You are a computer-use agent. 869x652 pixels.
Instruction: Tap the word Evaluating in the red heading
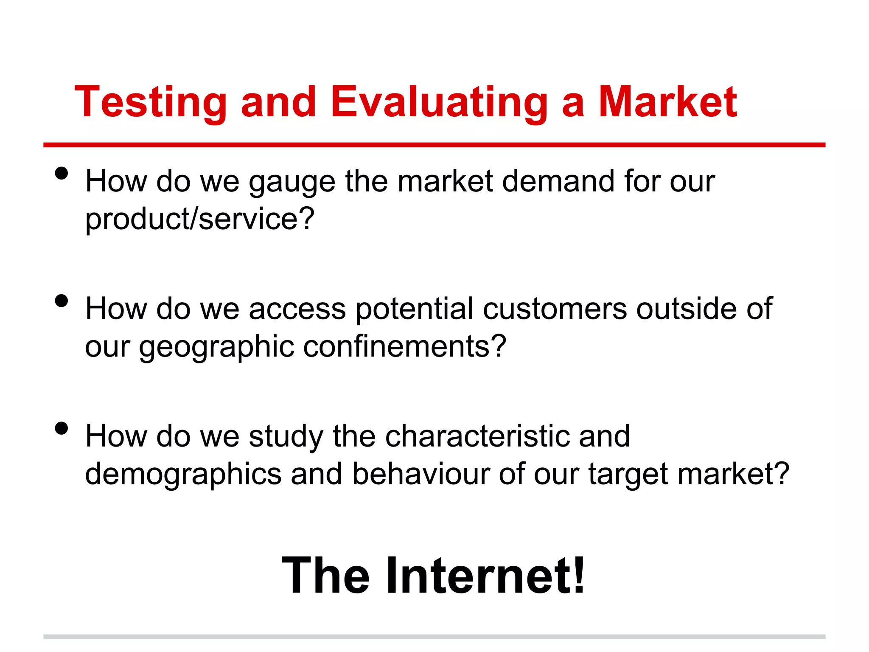pyautogui.click(x=439, y=102)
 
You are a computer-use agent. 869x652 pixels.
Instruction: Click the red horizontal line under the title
pyautogui.click(x=434, y=145)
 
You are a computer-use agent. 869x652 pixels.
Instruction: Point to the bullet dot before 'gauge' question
pyautogui.click(x=62, y=174)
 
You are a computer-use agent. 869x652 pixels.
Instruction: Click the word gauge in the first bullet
pyautogui.click(x=292, y=182)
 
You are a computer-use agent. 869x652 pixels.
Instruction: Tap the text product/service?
pyautogui.click(x=199, y=219)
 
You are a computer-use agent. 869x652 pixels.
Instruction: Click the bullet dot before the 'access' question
pyautogui.click(x=62, y=301)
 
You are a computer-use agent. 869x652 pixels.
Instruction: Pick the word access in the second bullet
pyautogui.click(x=297, y=309)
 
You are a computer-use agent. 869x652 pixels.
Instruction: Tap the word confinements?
pyautogui.click(x=405, y=346)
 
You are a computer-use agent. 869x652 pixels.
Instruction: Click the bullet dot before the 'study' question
pyautogui.click(x=62, y=428)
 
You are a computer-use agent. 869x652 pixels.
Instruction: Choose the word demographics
pyautogui.click(x=183, y=475)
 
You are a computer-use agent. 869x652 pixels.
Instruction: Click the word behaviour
pyautogui.click(x=421, y=474)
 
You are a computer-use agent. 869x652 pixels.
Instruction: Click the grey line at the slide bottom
pyautogui.click(x=434, y=637)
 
